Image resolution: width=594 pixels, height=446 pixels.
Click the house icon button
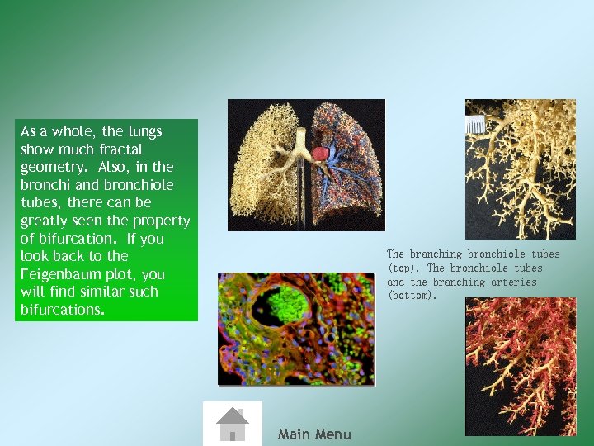pos(233,424)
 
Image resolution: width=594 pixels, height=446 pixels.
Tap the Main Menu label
pos(314,434)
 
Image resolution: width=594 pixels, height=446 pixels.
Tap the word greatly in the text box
pos(43,221)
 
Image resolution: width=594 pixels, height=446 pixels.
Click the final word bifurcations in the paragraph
pos(63,310)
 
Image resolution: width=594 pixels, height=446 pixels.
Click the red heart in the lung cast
pos(319,153)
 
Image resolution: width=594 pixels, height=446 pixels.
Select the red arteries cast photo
pos(520,366)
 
